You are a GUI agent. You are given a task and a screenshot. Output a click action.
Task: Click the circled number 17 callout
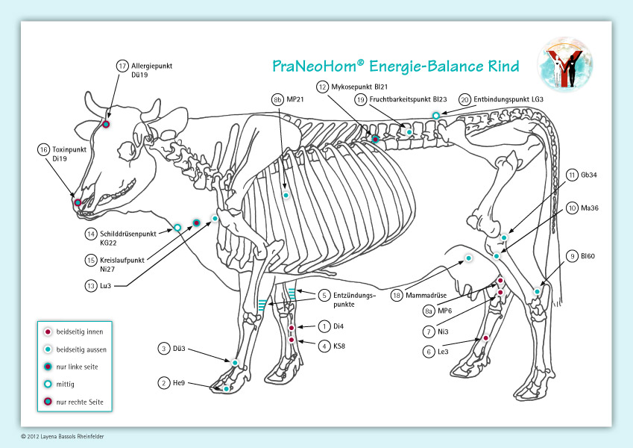point(123,66)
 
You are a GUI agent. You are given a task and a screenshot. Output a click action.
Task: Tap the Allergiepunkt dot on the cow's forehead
point(106,124)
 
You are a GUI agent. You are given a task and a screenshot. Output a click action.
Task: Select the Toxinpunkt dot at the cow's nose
point(77,202)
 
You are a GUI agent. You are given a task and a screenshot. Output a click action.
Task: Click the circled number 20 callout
point(464,99)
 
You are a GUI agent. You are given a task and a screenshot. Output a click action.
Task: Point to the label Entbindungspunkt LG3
point(509,99)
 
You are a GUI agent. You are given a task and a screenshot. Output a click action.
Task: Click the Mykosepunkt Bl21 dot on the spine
point(376,139)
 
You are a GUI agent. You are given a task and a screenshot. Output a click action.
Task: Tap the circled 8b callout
point(277,99)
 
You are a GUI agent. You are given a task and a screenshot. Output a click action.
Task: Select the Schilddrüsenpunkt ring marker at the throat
point(178,226)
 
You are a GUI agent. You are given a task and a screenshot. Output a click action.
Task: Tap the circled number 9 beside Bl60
point(572,256)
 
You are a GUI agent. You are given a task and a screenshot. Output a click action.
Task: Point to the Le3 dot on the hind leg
point(485,339)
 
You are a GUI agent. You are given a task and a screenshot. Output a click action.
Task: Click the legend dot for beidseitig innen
point(48,332)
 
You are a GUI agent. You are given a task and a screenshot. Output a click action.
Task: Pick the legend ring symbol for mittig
point(48,385)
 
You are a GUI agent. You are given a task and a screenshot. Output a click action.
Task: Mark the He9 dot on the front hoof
point(226,388)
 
